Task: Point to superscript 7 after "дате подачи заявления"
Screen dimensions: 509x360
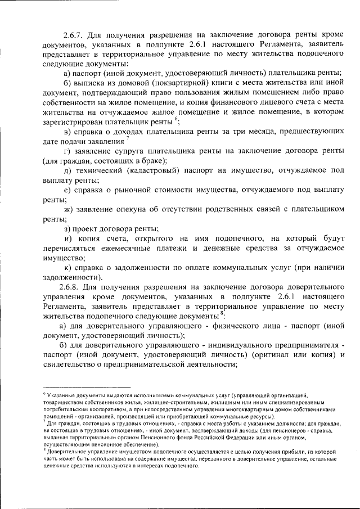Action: click(x=128, y=138)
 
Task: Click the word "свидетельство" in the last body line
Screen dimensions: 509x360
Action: click(x=72, y=364)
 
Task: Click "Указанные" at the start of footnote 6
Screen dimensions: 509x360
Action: click(x=62, y=397)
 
